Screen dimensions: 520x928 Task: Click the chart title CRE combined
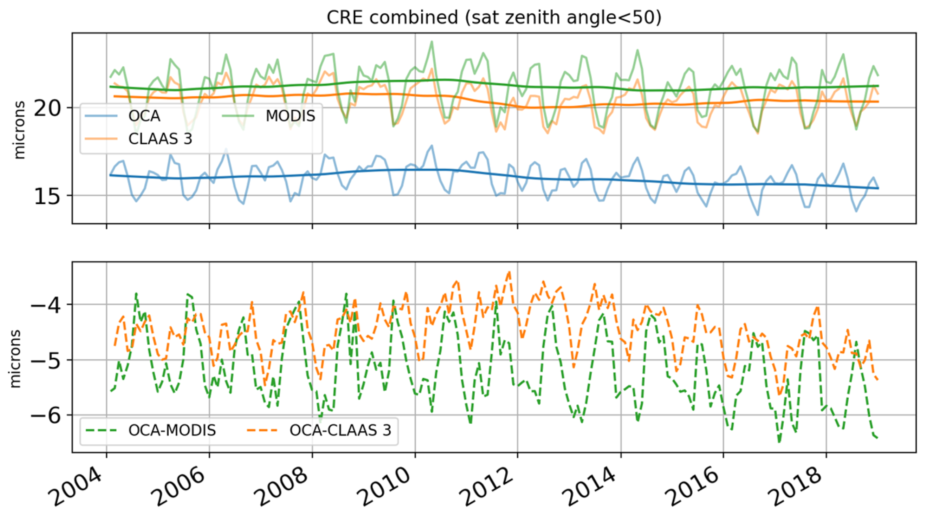point(493,17)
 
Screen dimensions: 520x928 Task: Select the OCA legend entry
point(144,116)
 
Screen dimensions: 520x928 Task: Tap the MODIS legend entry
point(290,116)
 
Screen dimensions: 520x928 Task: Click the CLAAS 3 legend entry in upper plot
point(160,139)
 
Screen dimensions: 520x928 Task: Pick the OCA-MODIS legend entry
point(172,430)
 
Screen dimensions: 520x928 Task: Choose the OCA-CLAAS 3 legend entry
point(340,430)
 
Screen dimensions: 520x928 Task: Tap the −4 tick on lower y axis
point(46,305)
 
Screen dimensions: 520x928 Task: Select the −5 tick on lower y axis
point(46,360)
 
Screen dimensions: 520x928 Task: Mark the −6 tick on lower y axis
point(46,416)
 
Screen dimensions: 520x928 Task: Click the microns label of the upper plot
point(19,130)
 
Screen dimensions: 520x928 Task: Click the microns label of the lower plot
point(15,359)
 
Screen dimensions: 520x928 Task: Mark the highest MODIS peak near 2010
point(432,41)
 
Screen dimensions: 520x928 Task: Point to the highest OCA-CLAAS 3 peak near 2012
point(509,272)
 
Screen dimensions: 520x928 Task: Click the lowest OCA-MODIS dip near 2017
point(779,442)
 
